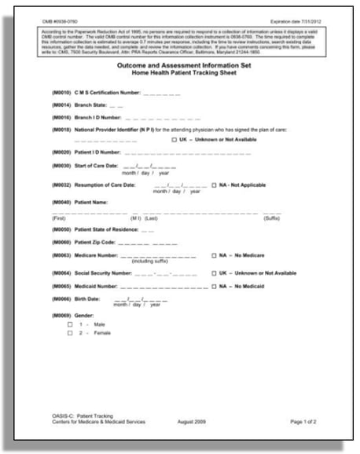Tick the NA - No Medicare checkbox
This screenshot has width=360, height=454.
click(214, 255)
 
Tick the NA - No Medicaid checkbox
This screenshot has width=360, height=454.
click(214, 287)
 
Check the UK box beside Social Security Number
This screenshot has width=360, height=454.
click(214, 273)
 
